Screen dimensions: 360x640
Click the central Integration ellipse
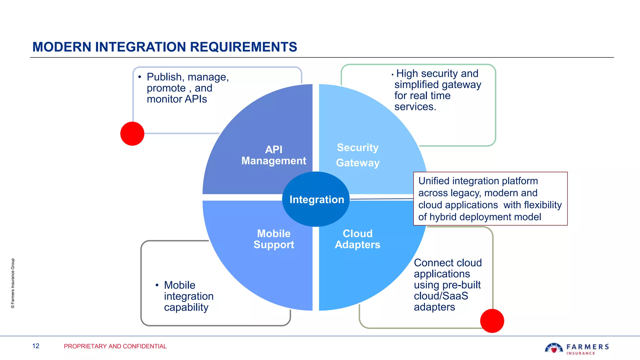coord(316,199)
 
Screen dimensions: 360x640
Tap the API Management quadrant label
coord(274,155)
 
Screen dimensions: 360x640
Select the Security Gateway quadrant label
coord(357,155)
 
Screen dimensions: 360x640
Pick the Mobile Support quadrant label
coord(274,239)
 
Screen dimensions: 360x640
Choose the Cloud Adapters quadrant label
coord(357,239)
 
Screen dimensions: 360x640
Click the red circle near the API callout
coord(132,134)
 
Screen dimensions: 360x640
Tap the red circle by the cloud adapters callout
coord(492,321)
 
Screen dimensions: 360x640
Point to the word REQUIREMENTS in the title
coord(243,47)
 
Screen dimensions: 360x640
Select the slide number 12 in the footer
coord(36,346)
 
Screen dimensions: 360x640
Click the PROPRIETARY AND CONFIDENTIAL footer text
coord(115,346)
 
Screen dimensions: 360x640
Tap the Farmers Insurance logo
coord(577,348)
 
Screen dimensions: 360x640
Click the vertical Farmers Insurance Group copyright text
coord(13,283)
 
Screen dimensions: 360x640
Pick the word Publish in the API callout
coord(164,77)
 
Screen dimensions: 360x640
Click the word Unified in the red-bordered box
coord(434,181)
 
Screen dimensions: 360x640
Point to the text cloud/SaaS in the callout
coord(441,296)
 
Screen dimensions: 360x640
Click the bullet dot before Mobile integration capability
coord(157,285)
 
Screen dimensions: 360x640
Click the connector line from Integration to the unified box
coord(381,199)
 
